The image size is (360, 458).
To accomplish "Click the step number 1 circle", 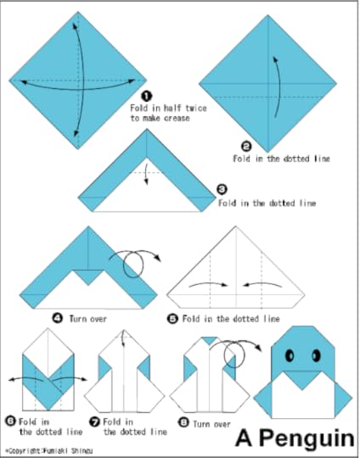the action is (x=147, y=96).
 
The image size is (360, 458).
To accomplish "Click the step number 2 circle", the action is (x=246, y=146).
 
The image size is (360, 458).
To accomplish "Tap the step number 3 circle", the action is (x=222, y=189).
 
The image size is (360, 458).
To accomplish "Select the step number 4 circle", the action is (x=58, y=318).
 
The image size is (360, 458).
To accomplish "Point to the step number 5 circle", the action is (x=172, y=318).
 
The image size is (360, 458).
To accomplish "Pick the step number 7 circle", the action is (x=94, y=422).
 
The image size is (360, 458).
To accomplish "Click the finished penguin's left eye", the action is (x=290, y=355).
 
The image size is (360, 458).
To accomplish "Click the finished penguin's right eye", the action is (x=316, y=355).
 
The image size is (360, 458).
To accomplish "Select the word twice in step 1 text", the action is (x=196, y=108).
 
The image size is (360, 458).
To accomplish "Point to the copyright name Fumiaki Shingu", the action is (x=68, y=450).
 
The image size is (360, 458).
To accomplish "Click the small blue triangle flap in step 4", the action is (x=88, y=276).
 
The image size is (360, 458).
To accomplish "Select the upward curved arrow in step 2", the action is (x=278, y=87).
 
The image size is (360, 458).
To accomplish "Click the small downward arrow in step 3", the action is (x=147, y=174).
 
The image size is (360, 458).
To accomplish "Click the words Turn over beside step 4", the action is (x=87, y=318).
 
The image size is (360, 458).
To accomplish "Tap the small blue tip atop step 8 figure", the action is (x=210, y=340).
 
